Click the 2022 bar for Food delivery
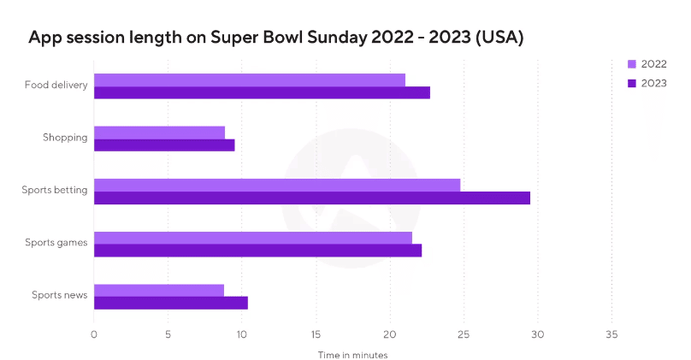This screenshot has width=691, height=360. point(249,80)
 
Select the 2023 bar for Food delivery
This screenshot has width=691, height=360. point(262,92)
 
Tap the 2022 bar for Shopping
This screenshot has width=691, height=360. point(159,133)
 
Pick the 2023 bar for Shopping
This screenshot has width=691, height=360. point(164,145)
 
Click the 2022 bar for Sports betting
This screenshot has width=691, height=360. point(277,185)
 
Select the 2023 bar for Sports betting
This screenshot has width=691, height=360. point(311,198)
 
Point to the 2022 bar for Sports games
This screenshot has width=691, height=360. point(252,238)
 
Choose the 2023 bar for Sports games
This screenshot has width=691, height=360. point(257,251)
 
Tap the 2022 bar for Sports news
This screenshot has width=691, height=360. point(158,290)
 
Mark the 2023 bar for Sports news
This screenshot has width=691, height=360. point(170,303)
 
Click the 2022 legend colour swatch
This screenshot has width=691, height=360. point(632,64)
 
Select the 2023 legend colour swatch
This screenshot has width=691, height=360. point(632,83)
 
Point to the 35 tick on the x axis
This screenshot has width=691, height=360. point(611,334)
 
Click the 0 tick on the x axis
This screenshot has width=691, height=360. point(94,334)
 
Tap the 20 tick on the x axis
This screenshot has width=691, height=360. point(390,334)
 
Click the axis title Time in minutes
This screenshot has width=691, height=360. point(352,354)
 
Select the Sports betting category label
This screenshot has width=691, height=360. point(55,190)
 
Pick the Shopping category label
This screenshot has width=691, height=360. point(65,137)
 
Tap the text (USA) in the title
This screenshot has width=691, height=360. point(500,38)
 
